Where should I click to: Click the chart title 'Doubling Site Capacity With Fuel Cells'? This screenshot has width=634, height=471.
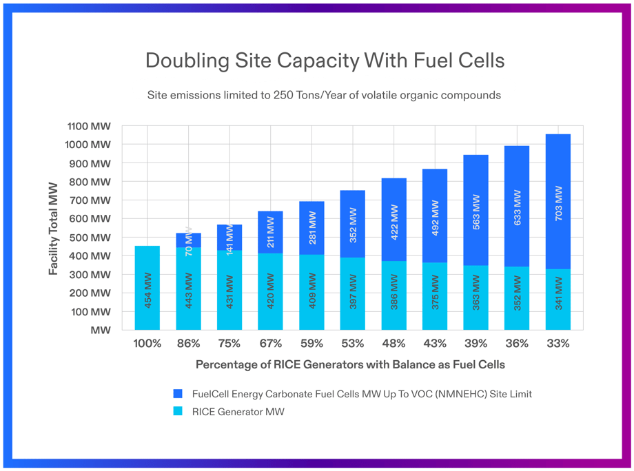pyautogui.click(x=325, y=61)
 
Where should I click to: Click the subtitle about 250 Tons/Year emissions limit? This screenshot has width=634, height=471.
pyautogui.click(x=324, y=95)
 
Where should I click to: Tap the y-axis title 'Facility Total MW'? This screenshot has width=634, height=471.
pyautogui.click(x=54, y=228)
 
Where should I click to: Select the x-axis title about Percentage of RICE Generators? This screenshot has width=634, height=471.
pyautogui.click(x=350, y=364)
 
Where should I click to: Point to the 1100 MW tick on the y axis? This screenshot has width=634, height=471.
pyautogui.click(x=89, y=126)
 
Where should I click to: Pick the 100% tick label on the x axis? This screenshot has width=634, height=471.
pyautogui.click(x=147, y=344)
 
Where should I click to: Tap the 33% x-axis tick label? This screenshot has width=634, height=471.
pyautogui.click(x=558, y=344)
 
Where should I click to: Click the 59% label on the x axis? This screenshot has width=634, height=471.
pyautogui.click(x=311, y=344)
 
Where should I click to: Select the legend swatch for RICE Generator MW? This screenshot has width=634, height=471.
pyautogui.click(x=178, y=412)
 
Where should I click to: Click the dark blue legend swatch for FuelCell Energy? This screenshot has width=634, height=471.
pyautogui.click(x=178, y=394)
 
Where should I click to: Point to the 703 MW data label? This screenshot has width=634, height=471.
pyautogui.click(x=558, y=203)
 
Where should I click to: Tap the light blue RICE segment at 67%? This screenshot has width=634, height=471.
pyautogui.click(x=270, y=306)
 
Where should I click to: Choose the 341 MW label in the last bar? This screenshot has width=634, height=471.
pyautogui.click(x=558, y=293)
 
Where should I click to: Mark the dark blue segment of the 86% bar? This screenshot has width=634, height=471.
pyautogui.click(x=188, y=240)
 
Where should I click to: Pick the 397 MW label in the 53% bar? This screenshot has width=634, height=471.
pyautogui.click(x=353, y=292)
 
